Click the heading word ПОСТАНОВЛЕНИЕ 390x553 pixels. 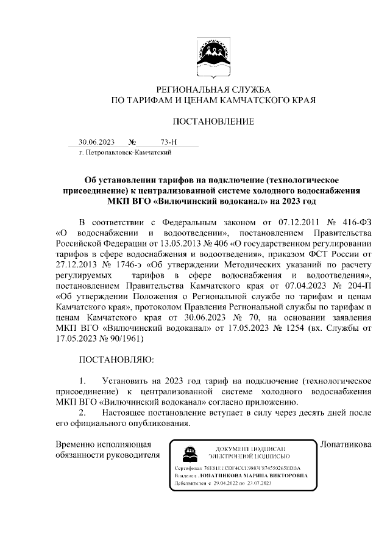click(x=213, y=121)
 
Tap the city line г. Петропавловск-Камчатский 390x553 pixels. click(x=120, y=152)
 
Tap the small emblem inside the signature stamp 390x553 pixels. click(x=189, y=453)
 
